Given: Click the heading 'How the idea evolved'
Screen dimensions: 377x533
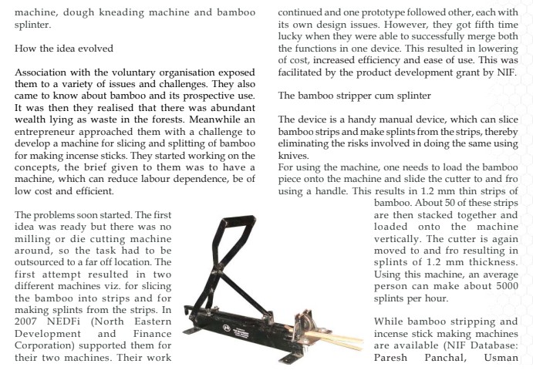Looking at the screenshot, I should (64, 48).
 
